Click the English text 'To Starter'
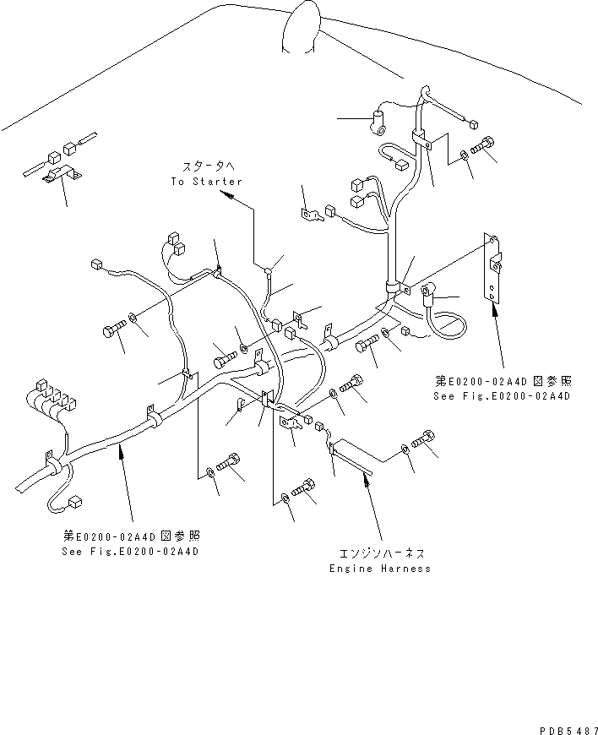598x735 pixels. click(x=206, y=182)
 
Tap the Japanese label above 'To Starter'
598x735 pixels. click(x=206, y=167)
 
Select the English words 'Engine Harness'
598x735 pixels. click(x=380, y=569)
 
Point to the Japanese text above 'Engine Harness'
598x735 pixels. click(x=381, y=553)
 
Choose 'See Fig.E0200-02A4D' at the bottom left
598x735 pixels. click(x=132, y=552)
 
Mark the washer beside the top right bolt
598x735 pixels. click(x=466, y=155)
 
